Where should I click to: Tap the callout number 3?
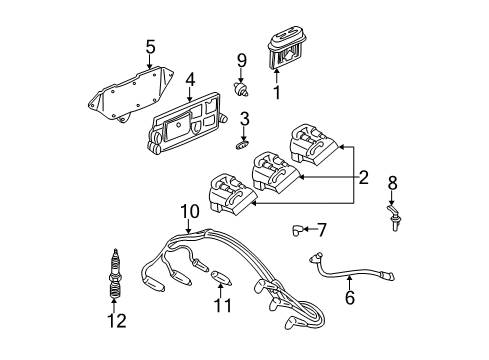coord(244,122)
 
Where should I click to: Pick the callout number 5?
coord(149,46)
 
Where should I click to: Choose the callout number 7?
coord(322,229)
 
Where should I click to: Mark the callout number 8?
coord(392,183)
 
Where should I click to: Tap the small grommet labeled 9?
coord(241,86)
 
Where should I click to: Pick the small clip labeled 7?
coord(297,230)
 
